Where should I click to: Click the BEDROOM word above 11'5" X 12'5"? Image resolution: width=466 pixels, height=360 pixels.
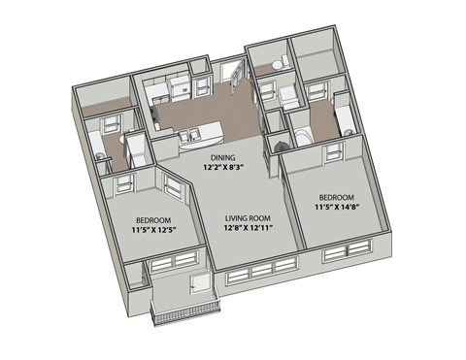pyautogui.click(x=153, y=219)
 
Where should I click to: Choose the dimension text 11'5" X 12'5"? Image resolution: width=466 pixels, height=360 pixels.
pyautogui.click(x=153, y=231)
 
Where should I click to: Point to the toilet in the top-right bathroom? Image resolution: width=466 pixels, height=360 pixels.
pyautogui.click(x=277, y=64)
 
